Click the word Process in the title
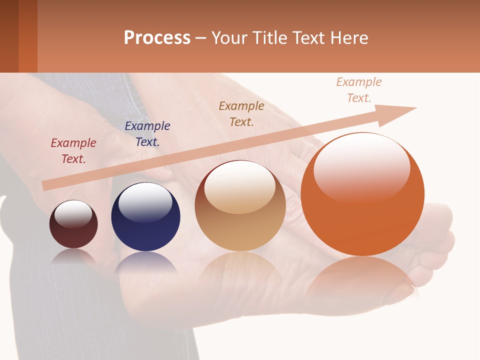[157, 38]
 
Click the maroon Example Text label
[73, 151]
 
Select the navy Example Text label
[147, 134]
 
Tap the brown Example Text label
[241, 113]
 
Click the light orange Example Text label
[358, 90]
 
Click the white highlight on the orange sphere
[362, 167]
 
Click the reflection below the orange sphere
[362, 277]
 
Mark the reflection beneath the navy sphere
[145, 264]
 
